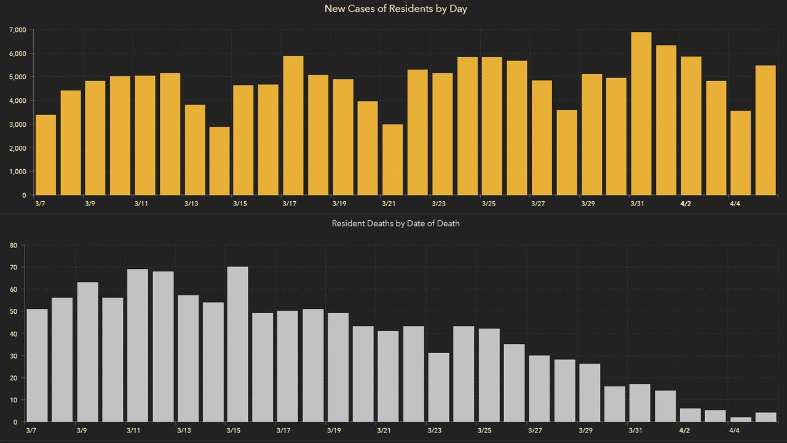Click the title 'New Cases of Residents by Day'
395,9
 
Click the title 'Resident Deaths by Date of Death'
395,223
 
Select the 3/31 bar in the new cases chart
641,114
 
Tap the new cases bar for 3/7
46,155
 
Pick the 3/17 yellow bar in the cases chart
293,126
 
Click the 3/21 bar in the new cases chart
392,160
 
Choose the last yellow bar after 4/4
765,130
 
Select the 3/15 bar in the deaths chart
237,345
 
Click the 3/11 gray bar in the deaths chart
138,346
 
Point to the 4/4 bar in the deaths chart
740,420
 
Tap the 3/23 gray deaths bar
438,388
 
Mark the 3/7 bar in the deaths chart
38,365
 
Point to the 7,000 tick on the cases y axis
17,30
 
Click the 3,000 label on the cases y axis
17,124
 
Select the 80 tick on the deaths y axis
13,245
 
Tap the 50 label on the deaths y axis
13,312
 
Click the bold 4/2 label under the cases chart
685,204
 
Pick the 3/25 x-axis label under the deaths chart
484,430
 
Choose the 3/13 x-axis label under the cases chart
191,204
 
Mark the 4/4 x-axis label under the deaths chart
734,430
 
